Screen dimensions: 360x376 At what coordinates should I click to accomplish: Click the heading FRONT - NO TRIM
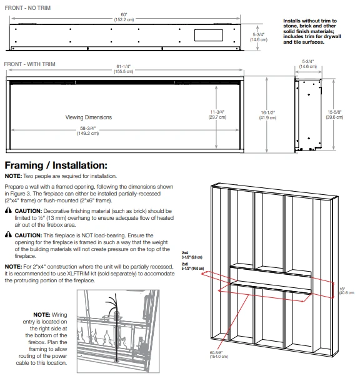point(27,8)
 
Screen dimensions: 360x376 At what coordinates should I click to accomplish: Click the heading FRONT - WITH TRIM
point(30,64)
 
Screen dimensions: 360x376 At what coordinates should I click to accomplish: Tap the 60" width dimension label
point(124,17)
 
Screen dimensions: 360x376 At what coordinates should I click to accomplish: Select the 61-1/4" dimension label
point(123,69)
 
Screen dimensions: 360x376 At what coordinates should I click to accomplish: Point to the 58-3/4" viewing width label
point(88,131)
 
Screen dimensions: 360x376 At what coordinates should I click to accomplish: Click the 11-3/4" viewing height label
point(217,115)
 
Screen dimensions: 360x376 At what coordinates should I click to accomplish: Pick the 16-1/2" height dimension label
point(267,115)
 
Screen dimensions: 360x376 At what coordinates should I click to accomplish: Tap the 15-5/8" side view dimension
point(334,114)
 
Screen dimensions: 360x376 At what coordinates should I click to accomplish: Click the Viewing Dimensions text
point(89,117)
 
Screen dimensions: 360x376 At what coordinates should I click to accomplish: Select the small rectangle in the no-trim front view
point(209,35)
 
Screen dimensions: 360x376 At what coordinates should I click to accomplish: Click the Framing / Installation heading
point(56,166)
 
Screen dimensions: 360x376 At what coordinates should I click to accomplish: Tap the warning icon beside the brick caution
point(8,210)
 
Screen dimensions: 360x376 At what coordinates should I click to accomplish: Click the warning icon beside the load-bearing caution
point(8,234)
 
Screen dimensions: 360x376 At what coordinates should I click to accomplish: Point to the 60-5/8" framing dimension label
point(219,354)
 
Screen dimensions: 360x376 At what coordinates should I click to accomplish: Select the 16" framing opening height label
point(346,291)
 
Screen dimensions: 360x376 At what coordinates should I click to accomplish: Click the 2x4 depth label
point(192,255)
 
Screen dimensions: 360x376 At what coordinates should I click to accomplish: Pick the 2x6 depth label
point(192,266)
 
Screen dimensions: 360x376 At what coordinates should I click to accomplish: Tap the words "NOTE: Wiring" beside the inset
point(50,315)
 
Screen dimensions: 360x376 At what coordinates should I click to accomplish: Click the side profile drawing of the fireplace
point(308,114)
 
